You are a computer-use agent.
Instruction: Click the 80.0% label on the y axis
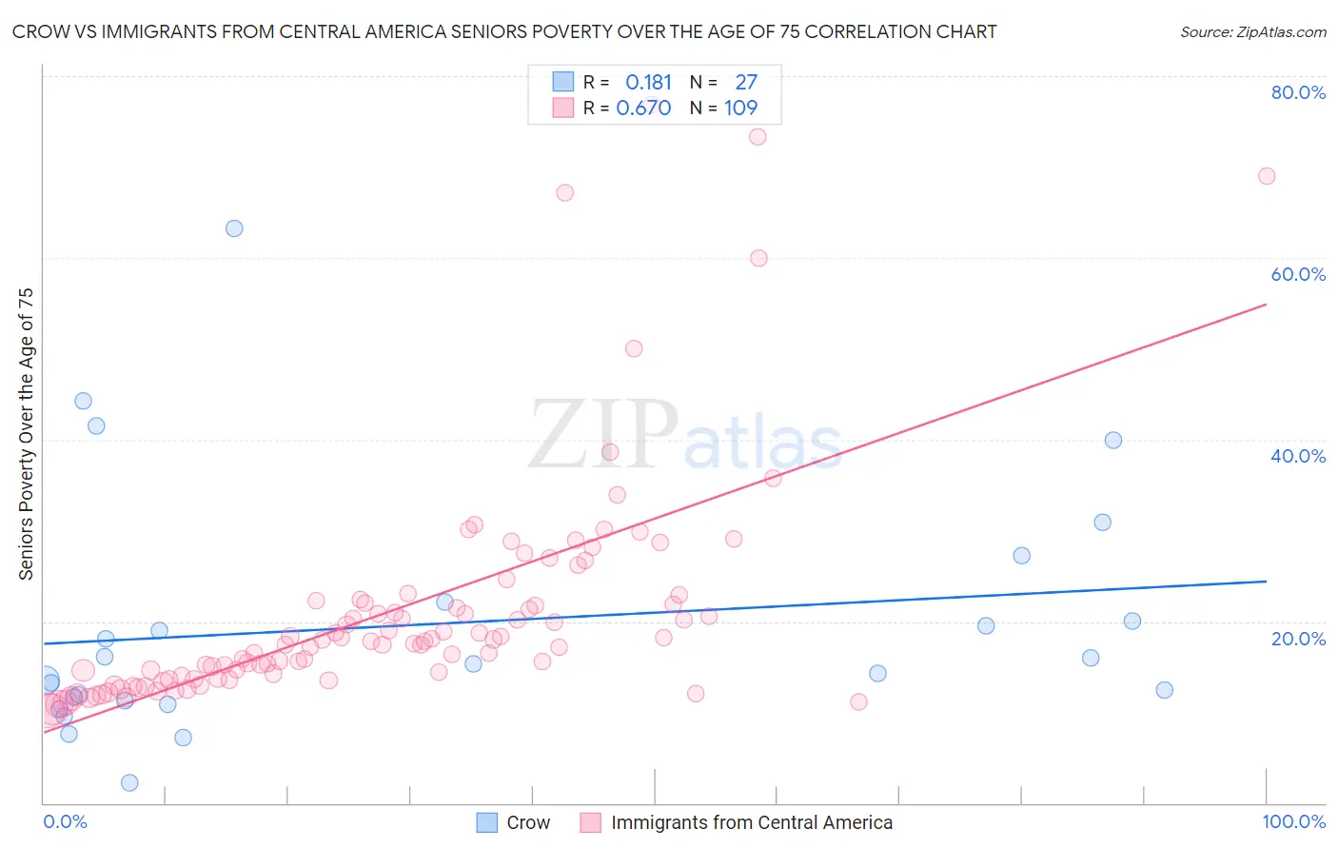(1298, 92)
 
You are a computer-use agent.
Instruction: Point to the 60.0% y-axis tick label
(1298, 274)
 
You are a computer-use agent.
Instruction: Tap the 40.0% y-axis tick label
(1298, 456)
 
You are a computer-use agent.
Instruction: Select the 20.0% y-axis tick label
(1298, 639)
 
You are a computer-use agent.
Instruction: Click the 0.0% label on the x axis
(65, 821)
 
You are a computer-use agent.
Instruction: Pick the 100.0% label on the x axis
(1293, 821)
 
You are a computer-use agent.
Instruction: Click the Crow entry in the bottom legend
(527, 822)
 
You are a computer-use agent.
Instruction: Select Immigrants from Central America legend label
(751, 822)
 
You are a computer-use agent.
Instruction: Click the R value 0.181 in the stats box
(648, 83)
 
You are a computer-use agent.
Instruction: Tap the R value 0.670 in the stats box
(643, 109)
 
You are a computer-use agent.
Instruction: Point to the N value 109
(740, 109)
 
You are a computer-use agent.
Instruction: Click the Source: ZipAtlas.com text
(1252, 32)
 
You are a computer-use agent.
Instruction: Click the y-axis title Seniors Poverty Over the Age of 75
(27, 434)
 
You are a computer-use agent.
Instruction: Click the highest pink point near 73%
(758, 136)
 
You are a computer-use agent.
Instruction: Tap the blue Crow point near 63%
(234, 228)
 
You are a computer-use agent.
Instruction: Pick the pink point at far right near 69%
(1267, 176)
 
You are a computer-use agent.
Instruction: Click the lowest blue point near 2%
(129, 782)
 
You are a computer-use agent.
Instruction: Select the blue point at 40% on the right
(1113, 440)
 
